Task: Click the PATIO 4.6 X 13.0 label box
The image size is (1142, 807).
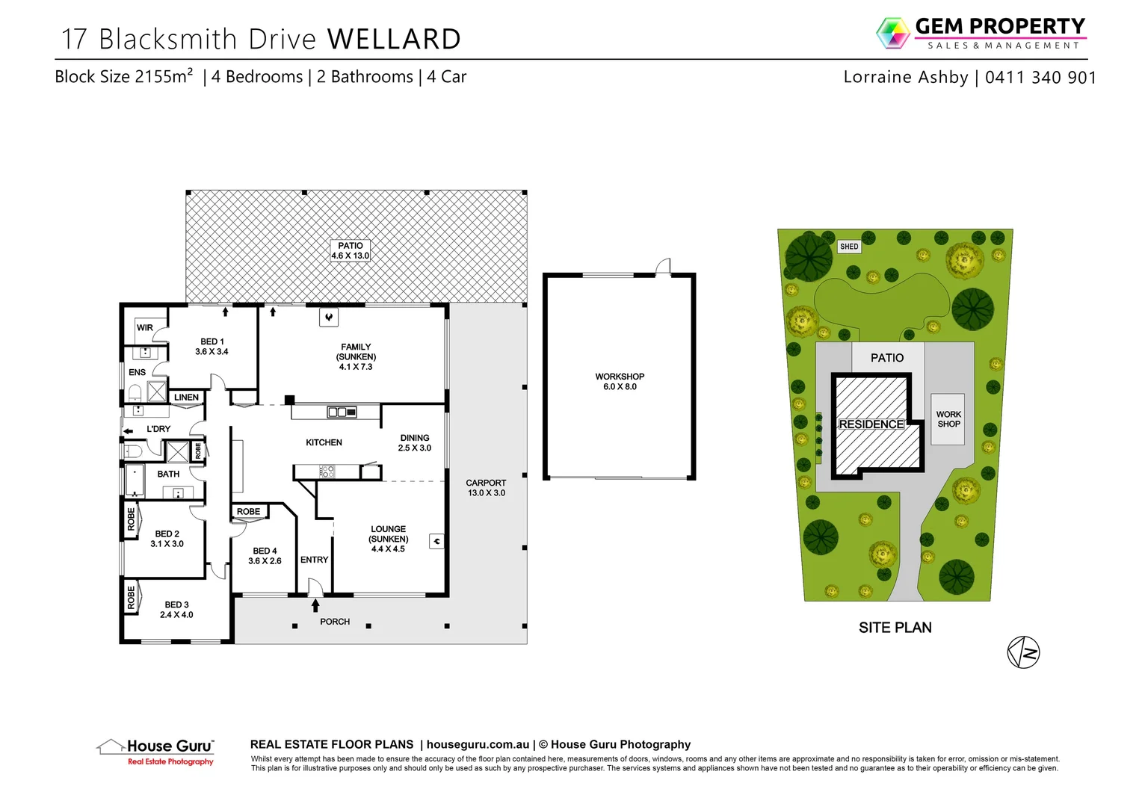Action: coord(350,250)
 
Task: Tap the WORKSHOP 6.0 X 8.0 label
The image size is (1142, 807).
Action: coord(620,381)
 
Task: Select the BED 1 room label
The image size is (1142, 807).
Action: coord(212,346)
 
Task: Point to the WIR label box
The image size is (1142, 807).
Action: coord(145,327)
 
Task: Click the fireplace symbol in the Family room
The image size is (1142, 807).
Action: coord(329,318)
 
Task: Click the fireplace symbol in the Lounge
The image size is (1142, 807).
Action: coord(436,541)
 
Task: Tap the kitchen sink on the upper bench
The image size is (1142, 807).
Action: coord(342,412)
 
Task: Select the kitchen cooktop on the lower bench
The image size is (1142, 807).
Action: coord(327,471)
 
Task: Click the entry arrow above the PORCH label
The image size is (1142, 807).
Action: coord(315,605)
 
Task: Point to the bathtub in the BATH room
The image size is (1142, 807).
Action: coord(135,480)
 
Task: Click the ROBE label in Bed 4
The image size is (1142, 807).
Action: coord(248,512)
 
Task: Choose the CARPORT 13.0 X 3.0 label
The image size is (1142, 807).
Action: coord(486,487)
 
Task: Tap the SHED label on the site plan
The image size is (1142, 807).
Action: coord(849,247)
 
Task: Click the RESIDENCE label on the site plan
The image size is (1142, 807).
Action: coord(871,424)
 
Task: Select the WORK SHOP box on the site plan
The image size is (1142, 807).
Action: coord(948,419)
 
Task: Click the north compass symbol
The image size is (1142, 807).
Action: coord(1023,652)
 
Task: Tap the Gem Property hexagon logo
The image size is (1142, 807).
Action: coord(893,33)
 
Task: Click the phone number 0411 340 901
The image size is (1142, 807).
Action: coord(1040,77)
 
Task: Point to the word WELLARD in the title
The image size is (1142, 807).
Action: coord(394,39)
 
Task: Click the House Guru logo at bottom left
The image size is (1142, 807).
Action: coord(155,750)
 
